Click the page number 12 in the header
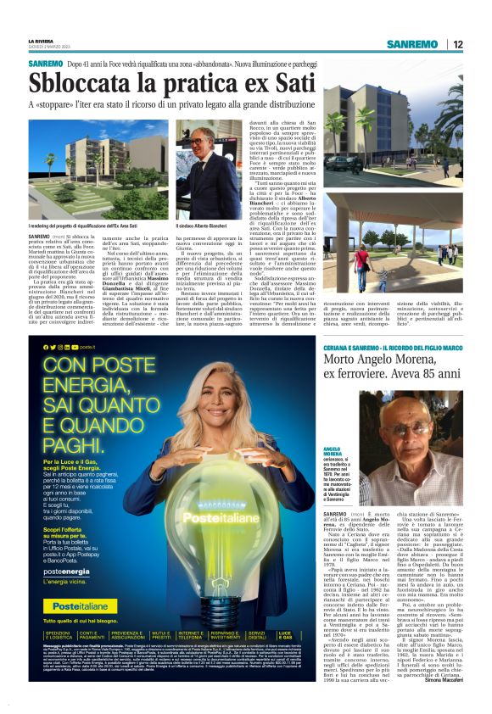457,44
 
